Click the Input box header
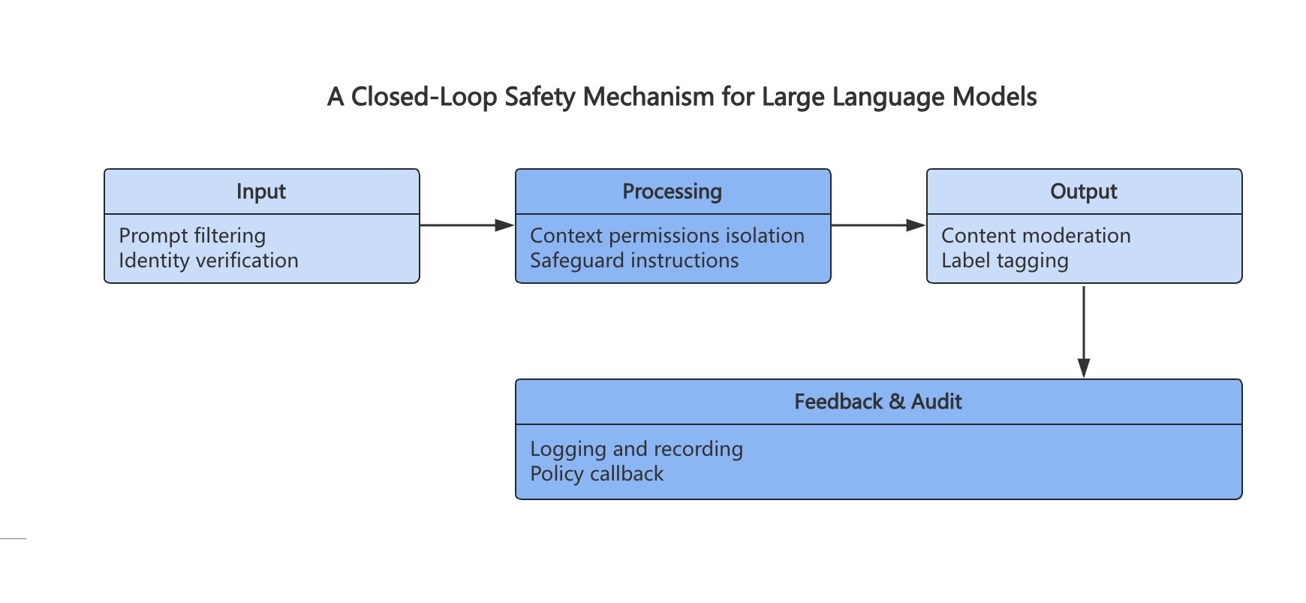261,191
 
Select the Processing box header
673,191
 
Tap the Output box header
1084,191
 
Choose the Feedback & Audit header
878,402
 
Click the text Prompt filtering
192,236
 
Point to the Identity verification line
209,261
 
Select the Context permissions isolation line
667,236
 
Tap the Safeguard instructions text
634,261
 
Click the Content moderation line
1036,236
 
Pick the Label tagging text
1005,261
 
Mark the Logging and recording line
636,449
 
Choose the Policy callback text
597,474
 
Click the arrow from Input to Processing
467,225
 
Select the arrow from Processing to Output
878,225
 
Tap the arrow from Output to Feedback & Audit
1084,331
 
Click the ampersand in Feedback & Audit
897,402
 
